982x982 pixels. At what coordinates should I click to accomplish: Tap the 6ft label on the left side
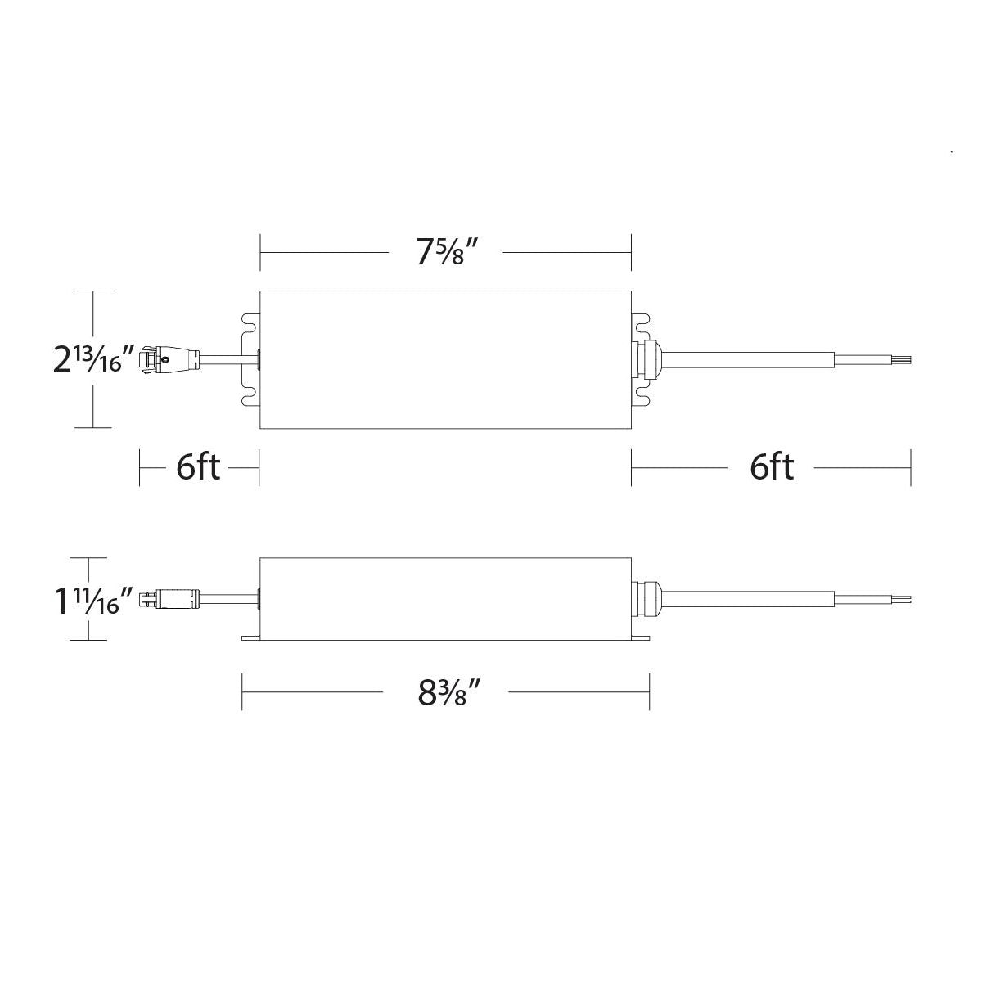(198, 468)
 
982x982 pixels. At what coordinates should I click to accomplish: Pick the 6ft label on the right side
(772, 468)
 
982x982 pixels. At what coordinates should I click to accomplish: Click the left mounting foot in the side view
(250, 636)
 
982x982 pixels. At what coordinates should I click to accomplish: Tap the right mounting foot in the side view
(641, 636)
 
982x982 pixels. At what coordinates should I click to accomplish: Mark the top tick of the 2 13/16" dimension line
(92, 291)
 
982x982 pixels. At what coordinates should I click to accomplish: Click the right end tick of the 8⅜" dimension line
(649, 692)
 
